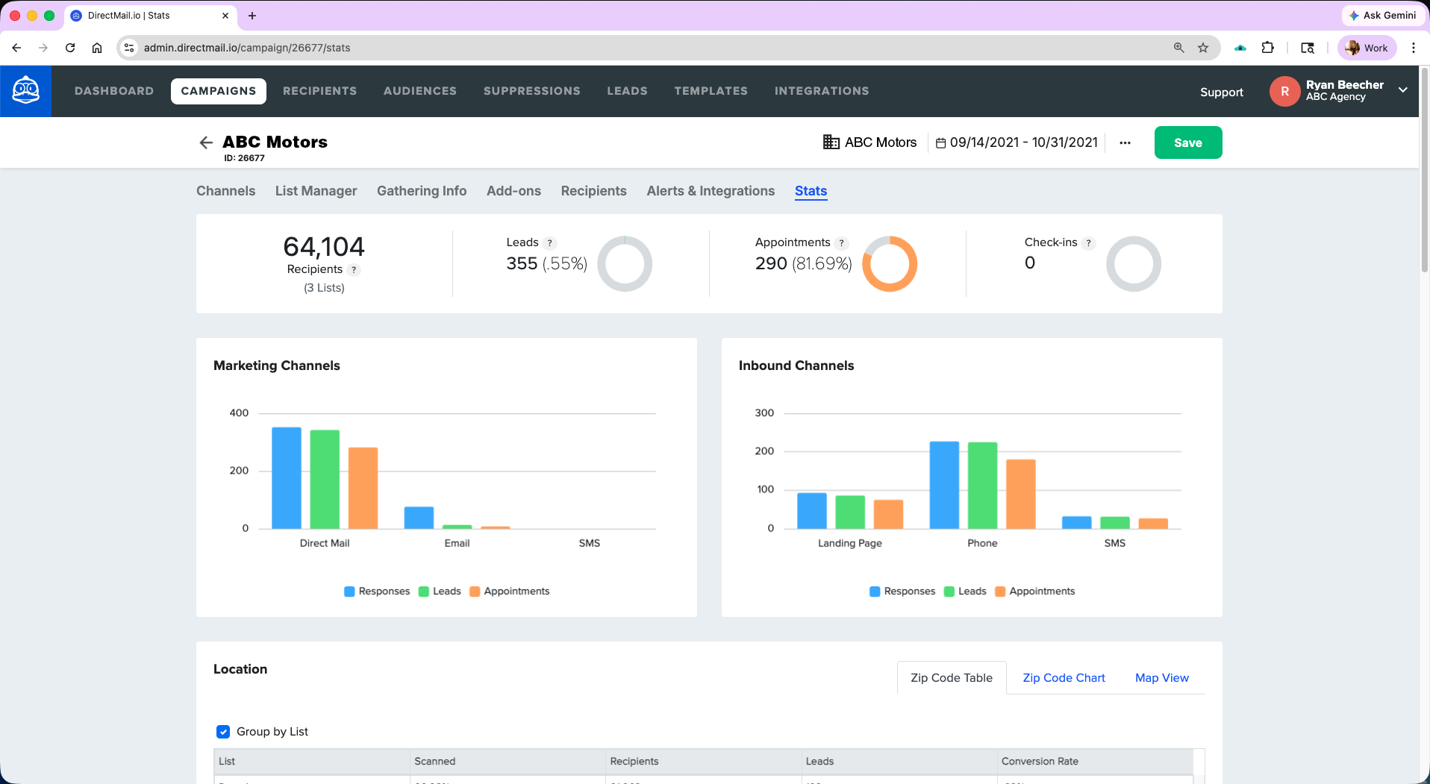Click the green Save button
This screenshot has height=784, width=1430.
tap(1187, 142)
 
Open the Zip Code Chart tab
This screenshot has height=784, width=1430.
tap(1063, 677)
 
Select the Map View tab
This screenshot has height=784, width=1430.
tap(1161, 677)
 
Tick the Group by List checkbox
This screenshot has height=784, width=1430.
tap(223, 732)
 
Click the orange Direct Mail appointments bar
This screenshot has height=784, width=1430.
tap(363, 488)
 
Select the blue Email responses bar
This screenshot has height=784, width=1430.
tap(419, 518)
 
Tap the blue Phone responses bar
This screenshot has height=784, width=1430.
tap(943, 485)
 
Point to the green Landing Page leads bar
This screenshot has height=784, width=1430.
tap(849, 512)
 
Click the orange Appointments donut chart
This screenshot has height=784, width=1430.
tap(889, 263)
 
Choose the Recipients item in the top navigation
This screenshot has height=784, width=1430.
tap(319, 91)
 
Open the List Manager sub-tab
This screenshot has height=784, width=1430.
tap(316, 191)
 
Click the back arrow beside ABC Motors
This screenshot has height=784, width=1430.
tap(206, 142)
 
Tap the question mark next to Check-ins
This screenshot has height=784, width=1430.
tap(1088, 242)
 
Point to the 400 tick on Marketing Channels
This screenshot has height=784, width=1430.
tap(239, 413)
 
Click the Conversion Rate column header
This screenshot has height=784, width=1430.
tap(1039, 761)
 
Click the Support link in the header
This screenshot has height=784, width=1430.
tap(1221, 92)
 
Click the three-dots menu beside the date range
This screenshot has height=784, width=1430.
tap(1125, 142)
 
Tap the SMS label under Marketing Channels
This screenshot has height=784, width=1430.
tap(589, 543)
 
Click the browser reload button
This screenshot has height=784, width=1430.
tap(70, 48)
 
